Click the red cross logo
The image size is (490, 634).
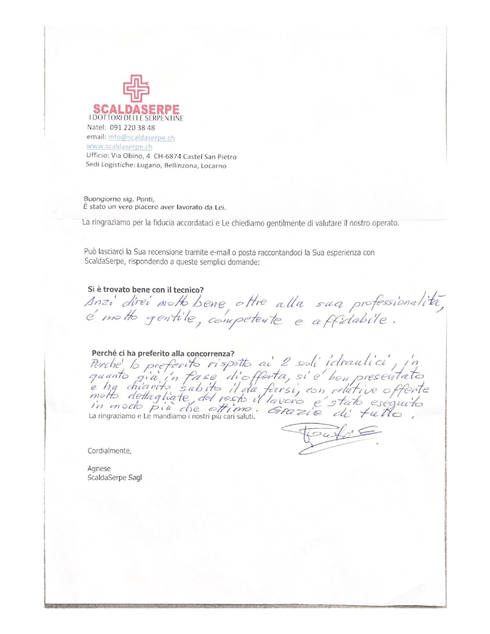point(136,88)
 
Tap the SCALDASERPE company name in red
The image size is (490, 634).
point(136,110)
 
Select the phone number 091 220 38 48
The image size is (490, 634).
point(132,128)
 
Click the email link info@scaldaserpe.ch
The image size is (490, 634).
point(141,137)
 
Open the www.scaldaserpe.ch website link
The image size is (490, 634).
point(119,146)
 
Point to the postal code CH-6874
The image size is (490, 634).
point(167,156)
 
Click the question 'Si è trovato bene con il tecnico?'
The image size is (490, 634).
point(146,290)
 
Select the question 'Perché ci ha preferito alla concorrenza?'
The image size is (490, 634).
point(163,354)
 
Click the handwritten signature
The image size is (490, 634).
point(332,438)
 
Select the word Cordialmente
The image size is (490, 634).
point(109,451)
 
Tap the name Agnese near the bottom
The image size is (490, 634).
point(99,468)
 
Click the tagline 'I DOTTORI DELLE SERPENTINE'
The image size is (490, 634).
point(136,118)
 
